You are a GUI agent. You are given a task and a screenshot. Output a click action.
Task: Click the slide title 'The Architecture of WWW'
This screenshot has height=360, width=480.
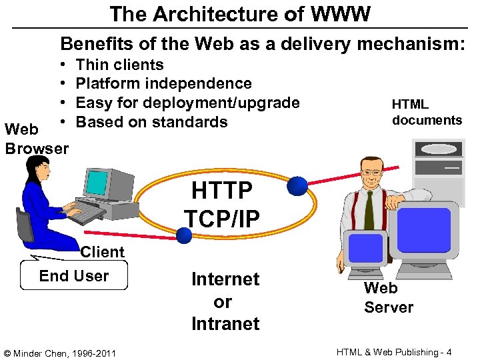tap(240, 14)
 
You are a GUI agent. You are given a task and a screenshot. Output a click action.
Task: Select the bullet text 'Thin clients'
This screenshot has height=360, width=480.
tap(119, 65)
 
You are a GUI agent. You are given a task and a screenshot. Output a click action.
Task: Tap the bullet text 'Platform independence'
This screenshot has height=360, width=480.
tap(163, 83)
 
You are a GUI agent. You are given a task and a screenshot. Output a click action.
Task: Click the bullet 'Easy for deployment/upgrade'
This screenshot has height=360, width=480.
tap(187, 103)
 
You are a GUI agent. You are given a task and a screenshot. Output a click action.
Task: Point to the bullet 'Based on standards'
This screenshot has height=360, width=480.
tap(151, 122)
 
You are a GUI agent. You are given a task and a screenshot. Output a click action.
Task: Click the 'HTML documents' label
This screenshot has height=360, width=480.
tap(427, 112)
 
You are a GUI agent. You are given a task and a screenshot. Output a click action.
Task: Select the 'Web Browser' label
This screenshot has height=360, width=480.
tap(36, 139)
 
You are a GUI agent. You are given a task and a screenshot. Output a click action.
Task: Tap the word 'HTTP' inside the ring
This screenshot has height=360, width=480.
tap(222, 191)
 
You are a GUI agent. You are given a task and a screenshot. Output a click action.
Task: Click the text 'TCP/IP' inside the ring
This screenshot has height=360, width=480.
tap(221, 218)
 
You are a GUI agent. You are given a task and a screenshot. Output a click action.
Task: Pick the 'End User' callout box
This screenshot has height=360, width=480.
tap(74, 276)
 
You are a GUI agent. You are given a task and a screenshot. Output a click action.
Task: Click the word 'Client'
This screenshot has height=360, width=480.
tap(102, 252)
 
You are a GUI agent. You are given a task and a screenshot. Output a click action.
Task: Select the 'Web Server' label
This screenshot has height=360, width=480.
tap(388, 297)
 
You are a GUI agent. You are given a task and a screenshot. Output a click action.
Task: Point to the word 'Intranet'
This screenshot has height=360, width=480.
tap(225, 324)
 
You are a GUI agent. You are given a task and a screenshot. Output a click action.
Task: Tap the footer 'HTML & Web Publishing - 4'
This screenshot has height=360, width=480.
tap(395, 352)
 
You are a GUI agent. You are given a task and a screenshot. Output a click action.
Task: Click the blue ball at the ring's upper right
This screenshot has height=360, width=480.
tap(297, 186)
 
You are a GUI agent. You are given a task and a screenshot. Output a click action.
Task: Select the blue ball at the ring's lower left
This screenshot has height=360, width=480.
tap(184, 233)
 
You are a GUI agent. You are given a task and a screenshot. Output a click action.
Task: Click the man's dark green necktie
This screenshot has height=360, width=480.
tap(369, 209)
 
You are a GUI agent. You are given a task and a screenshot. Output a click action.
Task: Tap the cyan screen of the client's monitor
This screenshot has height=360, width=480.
tap(97, 182)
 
